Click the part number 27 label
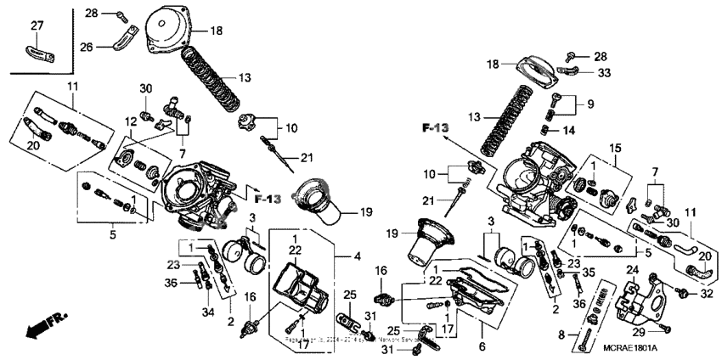[36, 26]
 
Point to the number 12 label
[131, 121]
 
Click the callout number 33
[605, 73]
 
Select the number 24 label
[631, 271]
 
